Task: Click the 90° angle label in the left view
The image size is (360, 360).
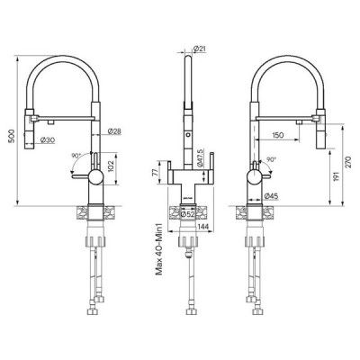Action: (x=75, y=156)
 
